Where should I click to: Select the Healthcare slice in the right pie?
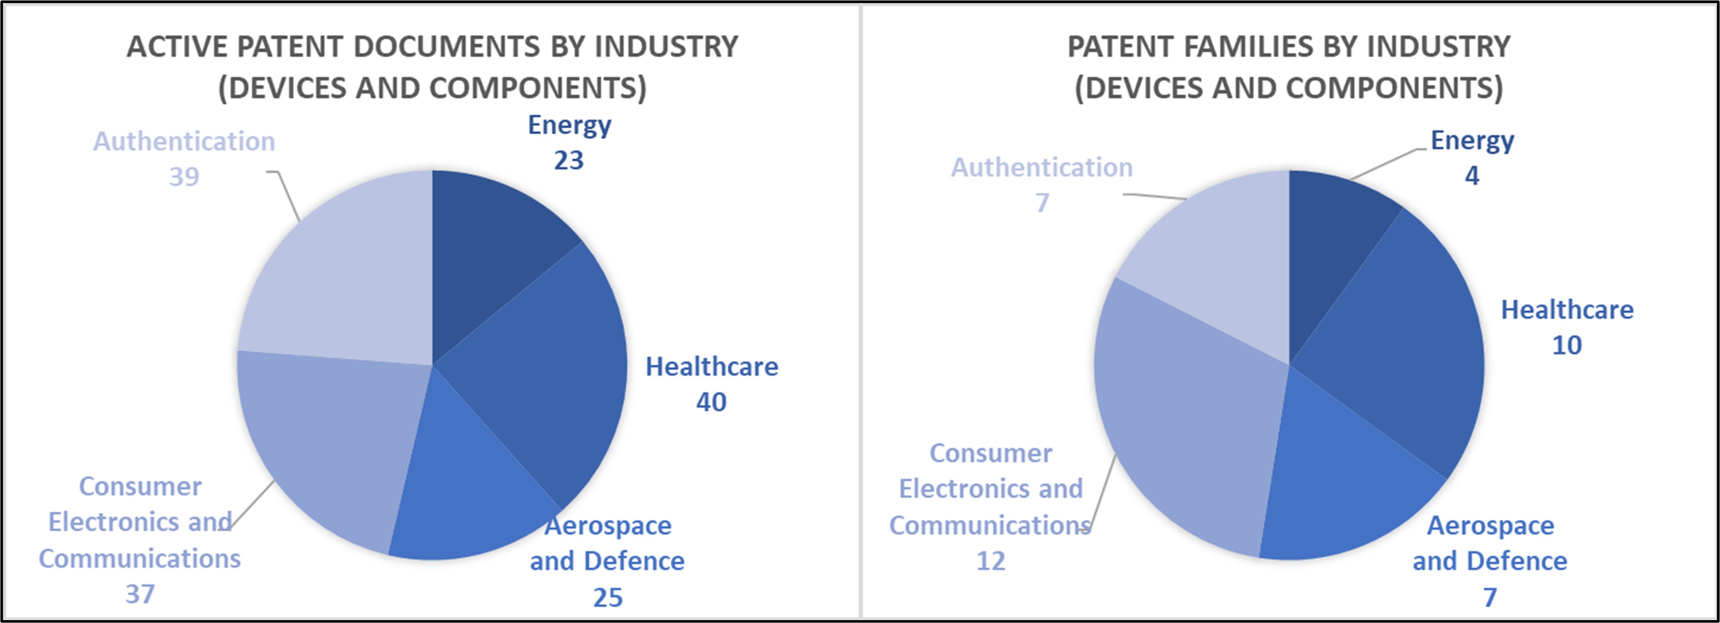(1396, 347)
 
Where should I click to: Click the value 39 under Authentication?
(184, 177)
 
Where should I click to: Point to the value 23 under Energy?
(569, 161)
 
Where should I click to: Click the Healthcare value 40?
(711, 402)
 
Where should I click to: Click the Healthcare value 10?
(1567, 346)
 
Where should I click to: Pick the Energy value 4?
(1472, 176)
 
